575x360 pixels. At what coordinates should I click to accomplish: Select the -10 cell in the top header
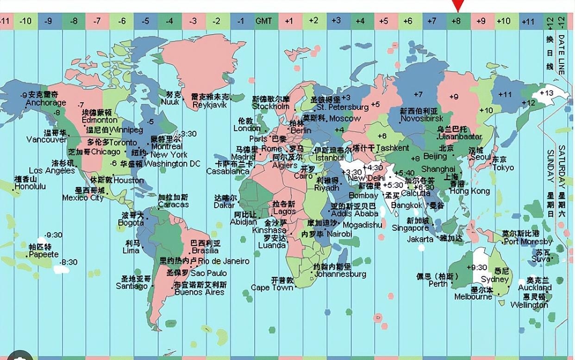[x=26, y=21]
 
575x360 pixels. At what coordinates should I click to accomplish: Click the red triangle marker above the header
[x=458, y=6]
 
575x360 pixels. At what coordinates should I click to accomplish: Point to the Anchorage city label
[x=46, y=103]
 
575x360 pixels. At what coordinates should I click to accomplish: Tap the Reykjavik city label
[x=210, y=105]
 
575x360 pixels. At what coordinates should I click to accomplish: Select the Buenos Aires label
[x=200, y=292]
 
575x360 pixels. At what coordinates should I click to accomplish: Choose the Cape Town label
[x=272, y=287]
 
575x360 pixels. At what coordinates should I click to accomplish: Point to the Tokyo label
[x=503, y=168]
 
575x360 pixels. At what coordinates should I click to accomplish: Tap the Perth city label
[x=438, y=284]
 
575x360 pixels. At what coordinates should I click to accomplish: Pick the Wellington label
[x=529, y=305]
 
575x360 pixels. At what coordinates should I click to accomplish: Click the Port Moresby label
[x=528, y=242]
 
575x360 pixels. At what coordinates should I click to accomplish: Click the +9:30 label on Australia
[x=476, y=267]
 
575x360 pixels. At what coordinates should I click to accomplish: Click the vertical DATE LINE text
[x=561, y=55]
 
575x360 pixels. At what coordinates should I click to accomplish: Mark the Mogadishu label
[x=362, y=225]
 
